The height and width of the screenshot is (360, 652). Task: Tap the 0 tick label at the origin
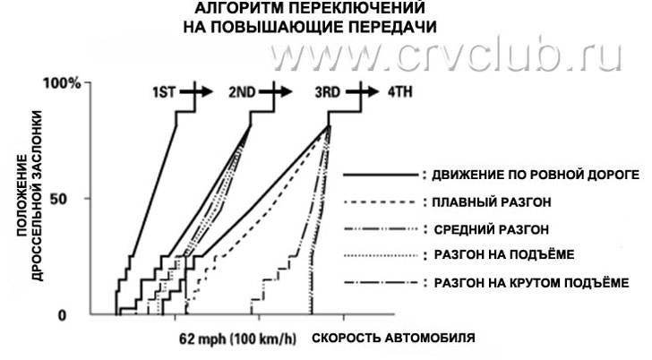[x=75, y=315]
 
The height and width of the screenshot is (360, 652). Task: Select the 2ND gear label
[x=241, y=92]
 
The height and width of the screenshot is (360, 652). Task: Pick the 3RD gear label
[x=328, y=92]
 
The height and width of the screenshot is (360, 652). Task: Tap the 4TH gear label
[x=400, y=92]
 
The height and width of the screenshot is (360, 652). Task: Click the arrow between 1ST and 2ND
[x=201, y=91]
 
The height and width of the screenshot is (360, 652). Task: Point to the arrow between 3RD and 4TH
[x=367, y=91]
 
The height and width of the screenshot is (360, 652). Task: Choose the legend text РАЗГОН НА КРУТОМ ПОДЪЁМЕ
[x=531, y=283]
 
